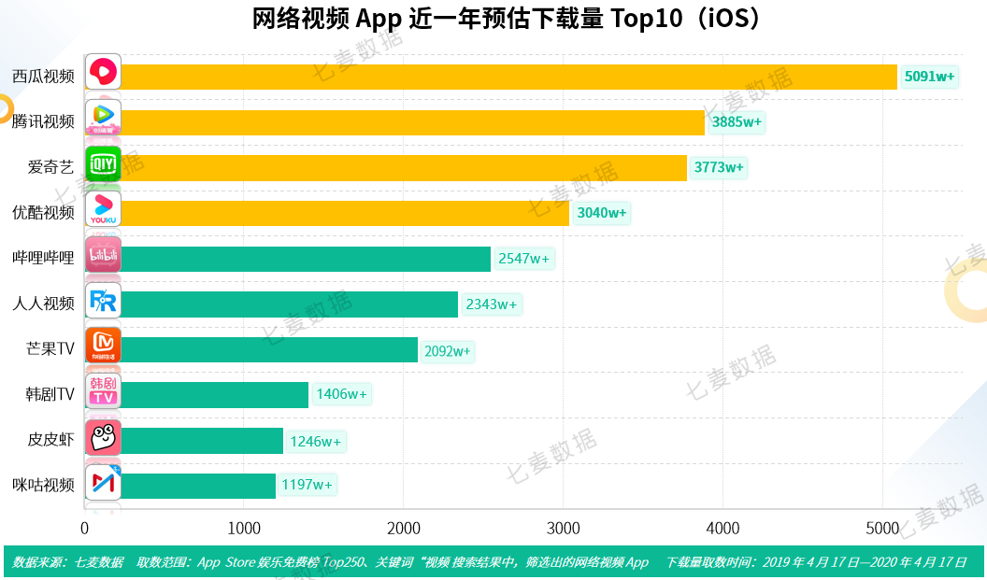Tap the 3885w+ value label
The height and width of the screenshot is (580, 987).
point(737,122)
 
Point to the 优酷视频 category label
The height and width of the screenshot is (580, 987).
point(43,213)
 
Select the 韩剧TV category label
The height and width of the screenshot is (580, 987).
point(50,395)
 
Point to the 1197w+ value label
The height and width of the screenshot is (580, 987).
point(308,485)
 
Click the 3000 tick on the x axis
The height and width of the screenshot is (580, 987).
point(564,528)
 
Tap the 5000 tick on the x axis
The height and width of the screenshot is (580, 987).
point(883,528)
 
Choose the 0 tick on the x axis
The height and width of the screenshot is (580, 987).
point(85,528)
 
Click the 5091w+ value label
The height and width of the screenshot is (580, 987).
point(929,77)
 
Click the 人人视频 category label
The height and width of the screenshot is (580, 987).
point(43,304)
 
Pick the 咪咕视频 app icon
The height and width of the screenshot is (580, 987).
point(103,483)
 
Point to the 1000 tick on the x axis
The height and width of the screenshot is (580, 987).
point(244,528)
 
